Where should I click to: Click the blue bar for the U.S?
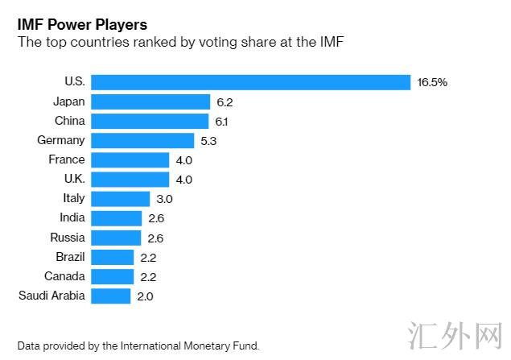251,82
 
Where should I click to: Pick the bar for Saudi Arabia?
111,296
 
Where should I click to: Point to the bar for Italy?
121,198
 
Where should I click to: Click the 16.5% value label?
432,82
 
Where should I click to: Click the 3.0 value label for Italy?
164,198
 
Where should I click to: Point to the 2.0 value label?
145,296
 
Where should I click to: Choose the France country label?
67,159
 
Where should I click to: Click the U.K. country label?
71,179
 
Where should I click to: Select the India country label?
72,217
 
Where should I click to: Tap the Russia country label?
68,237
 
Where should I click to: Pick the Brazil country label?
69,256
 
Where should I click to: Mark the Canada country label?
64,276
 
